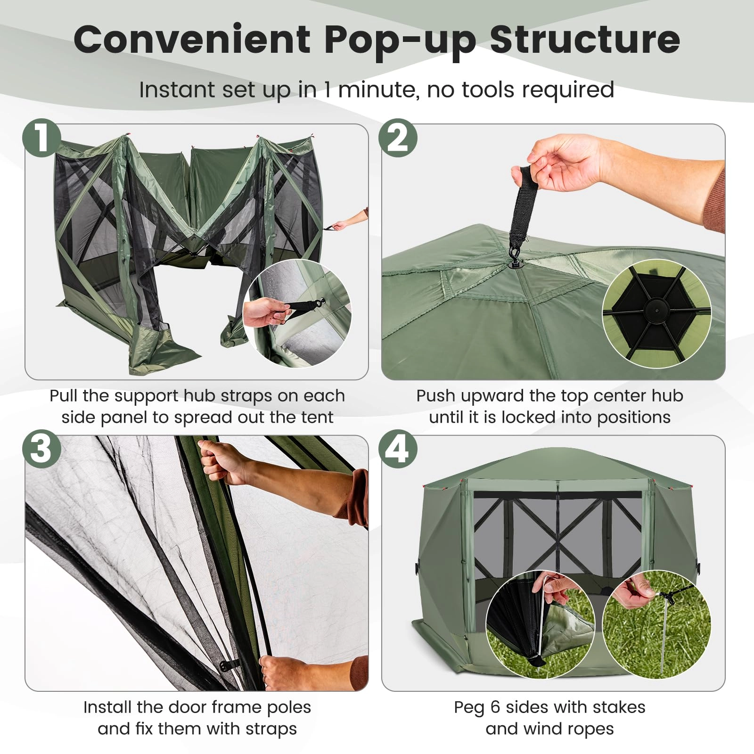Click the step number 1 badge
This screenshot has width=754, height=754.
(42, 138)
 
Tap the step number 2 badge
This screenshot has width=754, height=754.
(398, 138)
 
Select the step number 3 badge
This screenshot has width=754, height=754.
(42, 449)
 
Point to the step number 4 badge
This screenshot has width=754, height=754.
(398, 449)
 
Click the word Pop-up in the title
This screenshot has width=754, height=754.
(400, 40)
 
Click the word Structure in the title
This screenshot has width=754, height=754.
(584, 40)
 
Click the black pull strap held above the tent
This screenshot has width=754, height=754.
(523, 207)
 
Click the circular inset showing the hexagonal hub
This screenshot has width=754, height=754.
(656, 313)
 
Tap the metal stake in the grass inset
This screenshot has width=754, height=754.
(664, 631)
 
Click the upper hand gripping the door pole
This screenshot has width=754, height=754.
(221, 459)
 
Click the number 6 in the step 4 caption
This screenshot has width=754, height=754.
(494, 707)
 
